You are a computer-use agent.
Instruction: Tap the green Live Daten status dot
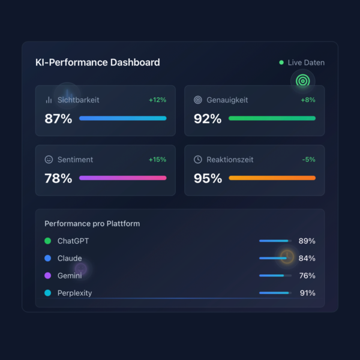[x=281, y=62]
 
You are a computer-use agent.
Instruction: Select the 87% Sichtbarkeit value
[x=58, y=119]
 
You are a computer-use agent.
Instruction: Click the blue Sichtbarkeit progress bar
[x=122, y=118]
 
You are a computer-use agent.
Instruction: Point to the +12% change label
[x=157, y=100]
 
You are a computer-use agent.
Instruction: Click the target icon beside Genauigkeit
[x=198, y=100]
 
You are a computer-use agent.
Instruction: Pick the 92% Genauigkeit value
[x=207, y=119]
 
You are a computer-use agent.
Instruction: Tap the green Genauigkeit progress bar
[x=272, y=118]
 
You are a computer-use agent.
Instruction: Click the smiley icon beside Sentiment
[x=49, y=160]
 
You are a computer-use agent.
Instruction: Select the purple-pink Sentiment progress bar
[x=122, y=178]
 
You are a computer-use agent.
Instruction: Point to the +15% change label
[x=157, y=160]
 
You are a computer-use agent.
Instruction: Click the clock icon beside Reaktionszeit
[x=198, y=160]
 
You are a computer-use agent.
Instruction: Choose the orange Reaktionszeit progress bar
[x=272, y=178]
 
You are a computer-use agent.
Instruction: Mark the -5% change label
[x=308, y=160]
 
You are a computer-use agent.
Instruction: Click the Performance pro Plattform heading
[x=92, y=224]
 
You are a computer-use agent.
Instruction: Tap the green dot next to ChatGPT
[x=48, y=241]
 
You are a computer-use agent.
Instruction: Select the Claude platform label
[x=70, y=259]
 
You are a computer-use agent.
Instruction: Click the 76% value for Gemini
[x=307, y=276]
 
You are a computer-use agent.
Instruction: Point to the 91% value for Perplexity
[x=307, y=293]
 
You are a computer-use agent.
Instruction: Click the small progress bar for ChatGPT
[x=275, y=241]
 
